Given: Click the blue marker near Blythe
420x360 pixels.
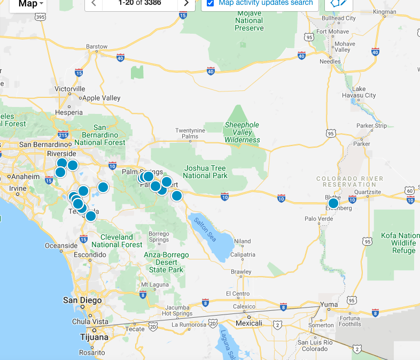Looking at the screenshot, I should [333, 203].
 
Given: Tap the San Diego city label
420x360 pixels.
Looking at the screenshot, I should [82, 300].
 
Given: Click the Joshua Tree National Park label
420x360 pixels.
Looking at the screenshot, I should [205, 172].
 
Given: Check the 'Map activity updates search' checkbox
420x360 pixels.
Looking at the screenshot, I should [211, 3].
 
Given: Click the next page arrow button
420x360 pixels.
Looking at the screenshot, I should [186, 3].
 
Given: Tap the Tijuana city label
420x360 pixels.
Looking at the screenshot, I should [94, 337].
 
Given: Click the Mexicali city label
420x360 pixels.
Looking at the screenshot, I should [249, 323].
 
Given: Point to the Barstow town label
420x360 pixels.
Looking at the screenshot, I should [97, 47].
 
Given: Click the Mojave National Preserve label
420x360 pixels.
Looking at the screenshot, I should [249, 21].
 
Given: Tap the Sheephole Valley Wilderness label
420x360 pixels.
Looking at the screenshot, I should [242, 132].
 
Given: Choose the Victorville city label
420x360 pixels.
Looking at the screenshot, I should [70, 88].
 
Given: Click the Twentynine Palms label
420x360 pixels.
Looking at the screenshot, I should [190, 133].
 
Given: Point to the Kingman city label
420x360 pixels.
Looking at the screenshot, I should [385, 11].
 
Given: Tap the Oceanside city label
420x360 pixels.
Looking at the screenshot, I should [61, 246].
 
